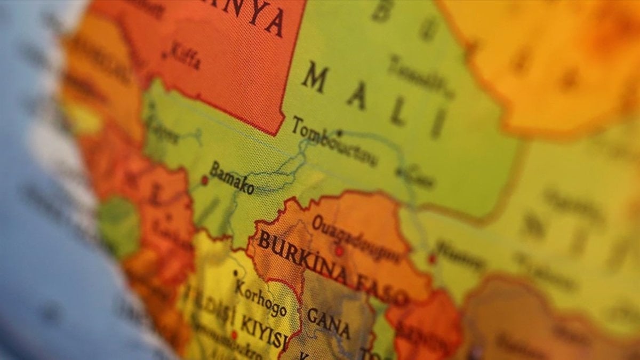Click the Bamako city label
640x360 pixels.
(x=231, y=178)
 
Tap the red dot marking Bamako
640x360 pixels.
(x=204, y=180)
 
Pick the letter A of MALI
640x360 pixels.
(x=356, y=97)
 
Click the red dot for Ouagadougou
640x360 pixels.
(x=339, y=251)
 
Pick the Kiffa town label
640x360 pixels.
(x=185, y=57)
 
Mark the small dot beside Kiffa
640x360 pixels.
(x=164, y=55)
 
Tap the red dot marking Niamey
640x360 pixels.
(x=432, y=259)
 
